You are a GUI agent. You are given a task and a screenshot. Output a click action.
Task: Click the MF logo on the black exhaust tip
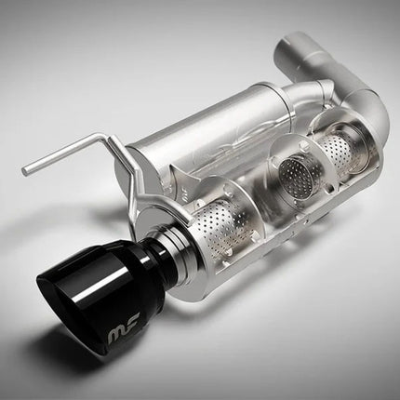point(125,332)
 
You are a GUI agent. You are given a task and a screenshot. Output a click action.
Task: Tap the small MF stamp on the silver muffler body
point(185,196)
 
